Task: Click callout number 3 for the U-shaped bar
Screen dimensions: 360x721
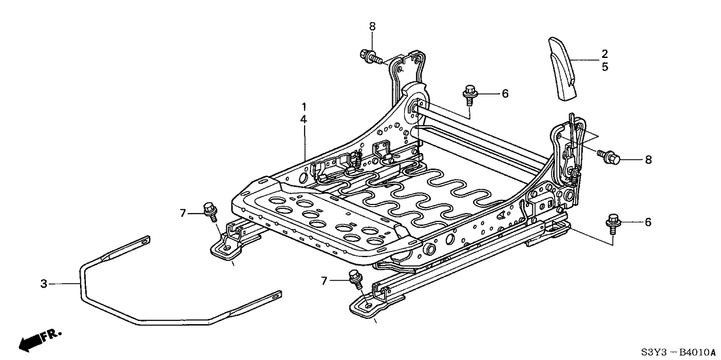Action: (44, 283)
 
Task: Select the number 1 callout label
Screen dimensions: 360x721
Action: (303, 105)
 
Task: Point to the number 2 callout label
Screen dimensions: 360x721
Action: (605, 53)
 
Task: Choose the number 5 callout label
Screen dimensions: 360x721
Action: (605, 66)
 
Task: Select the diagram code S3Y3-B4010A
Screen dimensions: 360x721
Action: (677, 352)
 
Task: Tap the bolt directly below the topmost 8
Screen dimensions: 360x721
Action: (368, 56)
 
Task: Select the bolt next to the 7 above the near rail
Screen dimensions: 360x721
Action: (355, 278)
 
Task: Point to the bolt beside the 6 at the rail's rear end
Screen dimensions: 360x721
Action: (612, 221)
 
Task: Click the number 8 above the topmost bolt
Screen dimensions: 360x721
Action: (372, 26)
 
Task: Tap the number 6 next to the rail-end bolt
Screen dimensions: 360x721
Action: (647, 222)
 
